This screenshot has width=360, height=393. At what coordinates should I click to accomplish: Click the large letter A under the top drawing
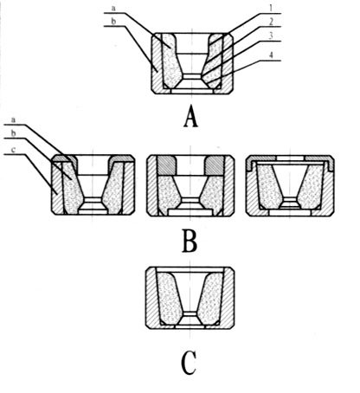tap(190, 116)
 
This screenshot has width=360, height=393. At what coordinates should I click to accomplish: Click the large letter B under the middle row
tap(190, 241)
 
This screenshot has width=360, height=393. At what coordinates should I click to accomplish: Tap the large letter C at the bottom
tap(189, 363)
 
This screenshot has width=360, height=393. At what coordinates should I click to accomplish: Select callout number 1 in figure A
tap(271, 8)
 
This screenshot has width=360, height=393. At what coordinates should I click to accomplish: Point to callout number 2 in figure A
tap(271, 22)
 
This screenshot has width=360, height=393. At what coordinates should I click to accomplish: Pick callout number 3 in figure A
tap(271, 36)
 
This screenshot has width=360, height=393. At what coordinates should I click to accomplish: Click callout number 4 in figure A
tap(271, 55)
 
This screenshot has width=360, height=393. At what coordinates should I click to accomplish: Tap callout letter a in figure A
tap(113, 8)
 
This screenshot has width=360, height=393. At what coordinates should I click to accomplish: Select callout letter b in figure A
tap(113, 21)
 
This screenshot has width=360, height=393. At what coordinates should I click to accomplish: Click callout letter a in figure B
tap(13, 119)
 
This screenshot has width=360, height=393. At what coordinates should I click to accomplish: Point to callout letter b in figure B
tap(13, 133)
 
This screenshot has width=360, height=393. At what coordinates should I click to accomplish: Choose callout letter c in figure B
tap(13, 150)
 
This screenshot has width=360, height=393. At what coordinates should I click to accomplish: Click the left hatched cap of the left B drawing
tap(65, 159)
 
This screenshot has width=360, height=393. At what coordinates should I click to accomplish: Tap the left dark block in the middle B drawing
tap(167, 165)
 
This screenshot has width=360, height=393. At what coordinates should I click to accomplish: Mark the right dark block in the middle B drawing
tap(214, 165)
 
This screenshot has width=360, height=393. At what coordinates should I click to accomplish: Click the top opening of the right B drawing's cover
tap(290, 158)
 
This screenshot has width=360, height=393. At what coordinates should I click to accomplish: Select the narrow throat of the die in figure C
tap(190, 314)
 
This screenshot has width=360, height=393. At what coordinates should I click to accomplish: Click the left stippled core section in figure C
tap(170, 298)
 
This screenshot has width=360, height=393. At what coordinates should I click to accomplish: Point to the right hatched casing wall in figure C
tap(228, 297)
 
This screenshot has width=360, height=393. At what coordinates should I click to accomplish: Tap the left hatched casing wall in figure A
tap(157, 63)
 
